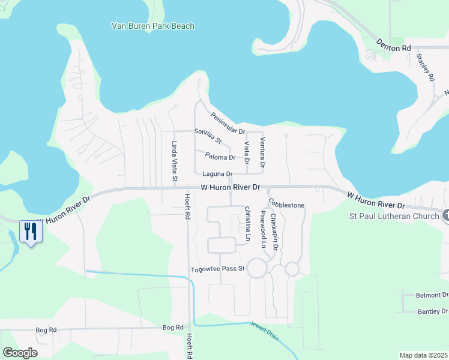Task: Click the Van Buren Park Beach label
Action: (x=153, y=26)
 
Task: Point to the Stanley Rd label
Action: (x=424, y=67)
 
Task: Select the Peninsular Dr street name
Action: (x=228, y=123)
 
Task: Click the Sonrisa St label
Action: (x=208, y=136)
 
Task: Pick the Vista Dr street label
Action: (x=247, y=152)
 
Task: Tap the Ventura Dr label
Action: (x=262, y=152)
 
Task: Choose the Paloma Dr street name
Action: (x=220, y=157)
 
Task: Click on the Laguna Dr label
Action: (x=217, y=175)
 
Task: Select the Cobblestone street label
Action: (x=286, y=204)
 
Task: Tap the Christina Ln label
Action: (x=247, y=223)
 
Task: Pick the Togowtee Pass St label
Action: (x=217, y=269)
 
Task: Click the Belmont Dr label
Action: (x=432, y=295)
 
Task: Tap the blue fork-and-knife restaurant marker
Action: (x=29, y=231)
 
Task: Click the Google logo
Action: (x=19, y=353)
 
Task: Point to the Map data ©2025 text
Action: (x=423, y=355)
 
